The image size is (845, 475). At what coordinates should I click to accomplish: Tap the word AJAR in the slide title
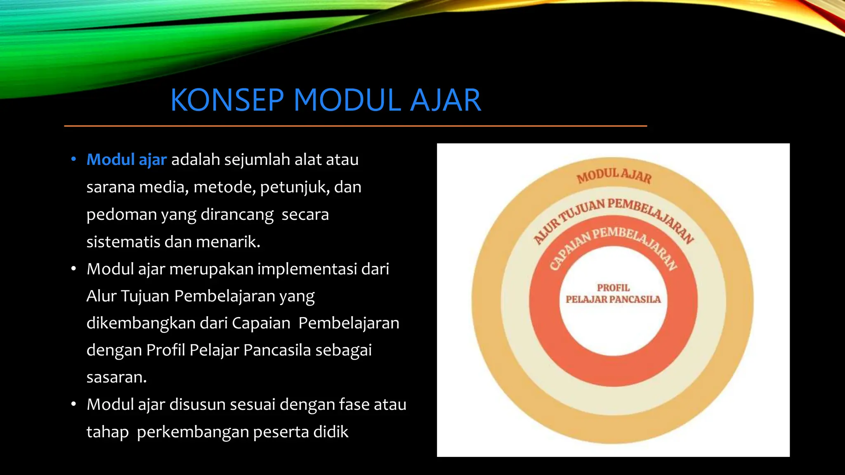point(446,100)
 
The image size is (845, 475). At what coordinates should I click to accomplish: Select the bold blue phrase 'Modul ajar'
point(127,160)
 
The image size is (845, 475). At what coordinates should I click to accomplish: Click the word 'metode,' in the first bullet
point(224,187)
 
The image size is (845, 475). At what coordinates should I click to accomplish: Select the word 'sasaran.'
point(117,377)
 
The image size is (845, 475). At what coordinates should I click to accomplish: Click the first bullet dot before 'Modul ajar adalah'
point(73,160)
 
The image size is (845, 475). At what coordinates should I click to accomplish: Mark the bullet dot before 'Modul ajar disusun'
point(73,404)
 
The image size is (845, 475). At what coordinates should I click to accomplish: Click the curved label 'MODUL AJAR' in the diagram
point(614,176)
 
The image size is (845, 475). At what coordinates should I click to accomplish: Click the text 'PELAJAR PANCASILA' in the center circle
point(613,299)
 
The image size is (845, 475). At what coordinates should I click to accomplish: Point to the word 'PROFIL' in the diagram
point(613,288)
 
